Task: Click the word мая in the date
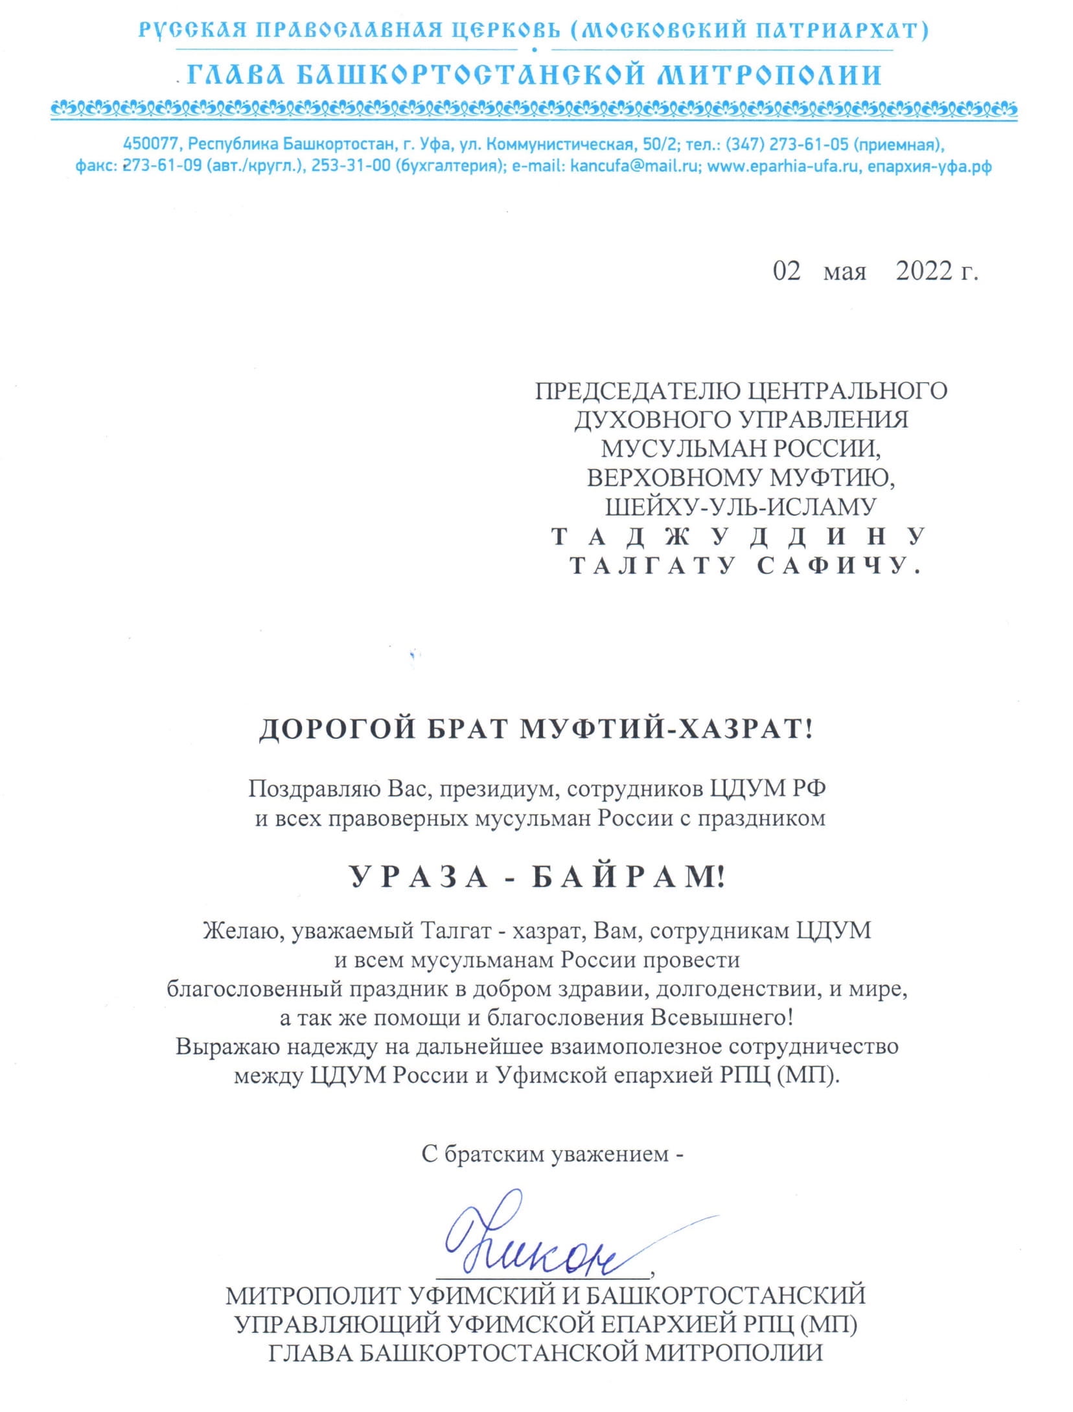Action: (x=844, y=272)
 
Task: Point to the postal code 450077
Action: (x=150, y=144)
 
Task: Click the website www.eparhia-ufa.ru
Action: (x=783, y=166)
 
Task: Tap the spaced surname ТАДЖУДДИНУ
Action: (x=738, y=537)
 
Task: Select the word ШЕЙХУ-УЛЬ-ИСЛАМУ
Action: (x=740, y=507)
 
